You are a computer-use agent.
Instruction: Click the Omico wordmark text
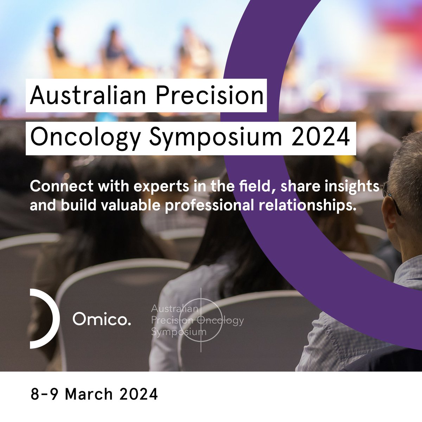tap(102, 319)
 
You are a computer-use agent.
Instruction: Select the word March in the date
tap(89, 394)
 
